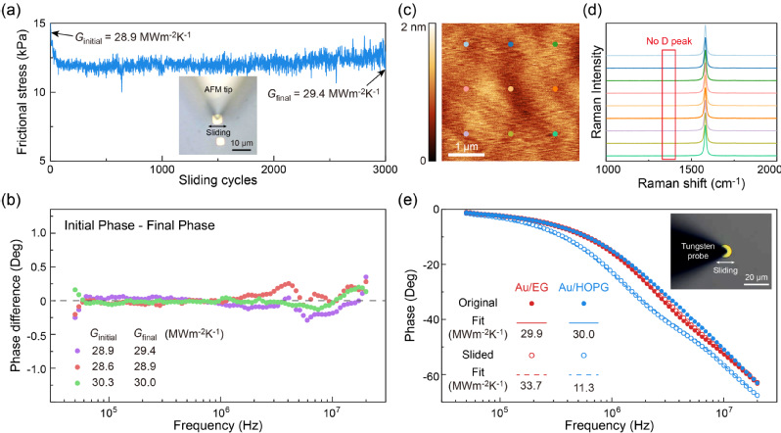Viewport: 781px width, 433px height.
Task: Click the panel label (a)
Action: point(10,10)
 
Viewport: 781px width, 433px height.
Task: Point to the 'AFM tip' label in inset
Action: point(218,90)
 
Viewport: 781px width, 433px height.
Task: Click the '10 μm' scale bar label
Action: point(242,143)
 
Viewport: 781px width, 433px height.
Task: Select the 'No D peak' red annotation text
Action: point(668,41)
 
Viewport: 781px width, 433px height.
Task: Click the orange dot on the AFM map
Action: point(555,89)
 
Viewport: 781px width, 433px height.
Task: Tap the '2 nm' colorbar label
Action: point(413,26)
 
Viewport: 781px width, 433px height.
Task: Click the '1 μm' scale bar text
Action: point(466,146)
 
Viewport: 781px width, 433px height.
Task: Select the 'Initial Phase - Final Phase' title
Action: point(139,225)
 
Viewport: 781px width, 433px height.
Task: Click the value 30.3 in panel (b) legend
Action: point(103,383)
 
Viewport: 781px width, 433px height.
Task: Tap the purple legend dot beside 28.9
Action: point(76,351)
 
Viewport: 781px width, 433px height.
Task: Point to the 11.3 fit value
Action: point(583,387)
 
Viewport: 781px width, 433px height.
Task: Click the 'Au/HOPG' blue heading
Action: point(583,288)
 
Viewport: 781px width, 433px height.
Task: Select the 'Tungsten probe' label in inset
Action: point(698,251)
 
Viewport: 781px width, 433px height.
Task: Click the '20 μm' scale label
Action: point(757,277)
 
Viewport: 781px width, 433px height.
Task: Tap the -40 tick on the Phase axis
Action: point(436,319)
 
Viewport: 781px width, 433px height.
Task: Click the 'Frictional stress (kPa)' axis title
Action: point(22,90)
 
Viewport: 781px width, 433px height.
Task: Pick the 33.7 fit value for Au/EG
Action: point(531,387)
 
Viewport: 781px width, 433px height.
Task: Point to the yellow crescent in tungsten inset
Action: point(729,251)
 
